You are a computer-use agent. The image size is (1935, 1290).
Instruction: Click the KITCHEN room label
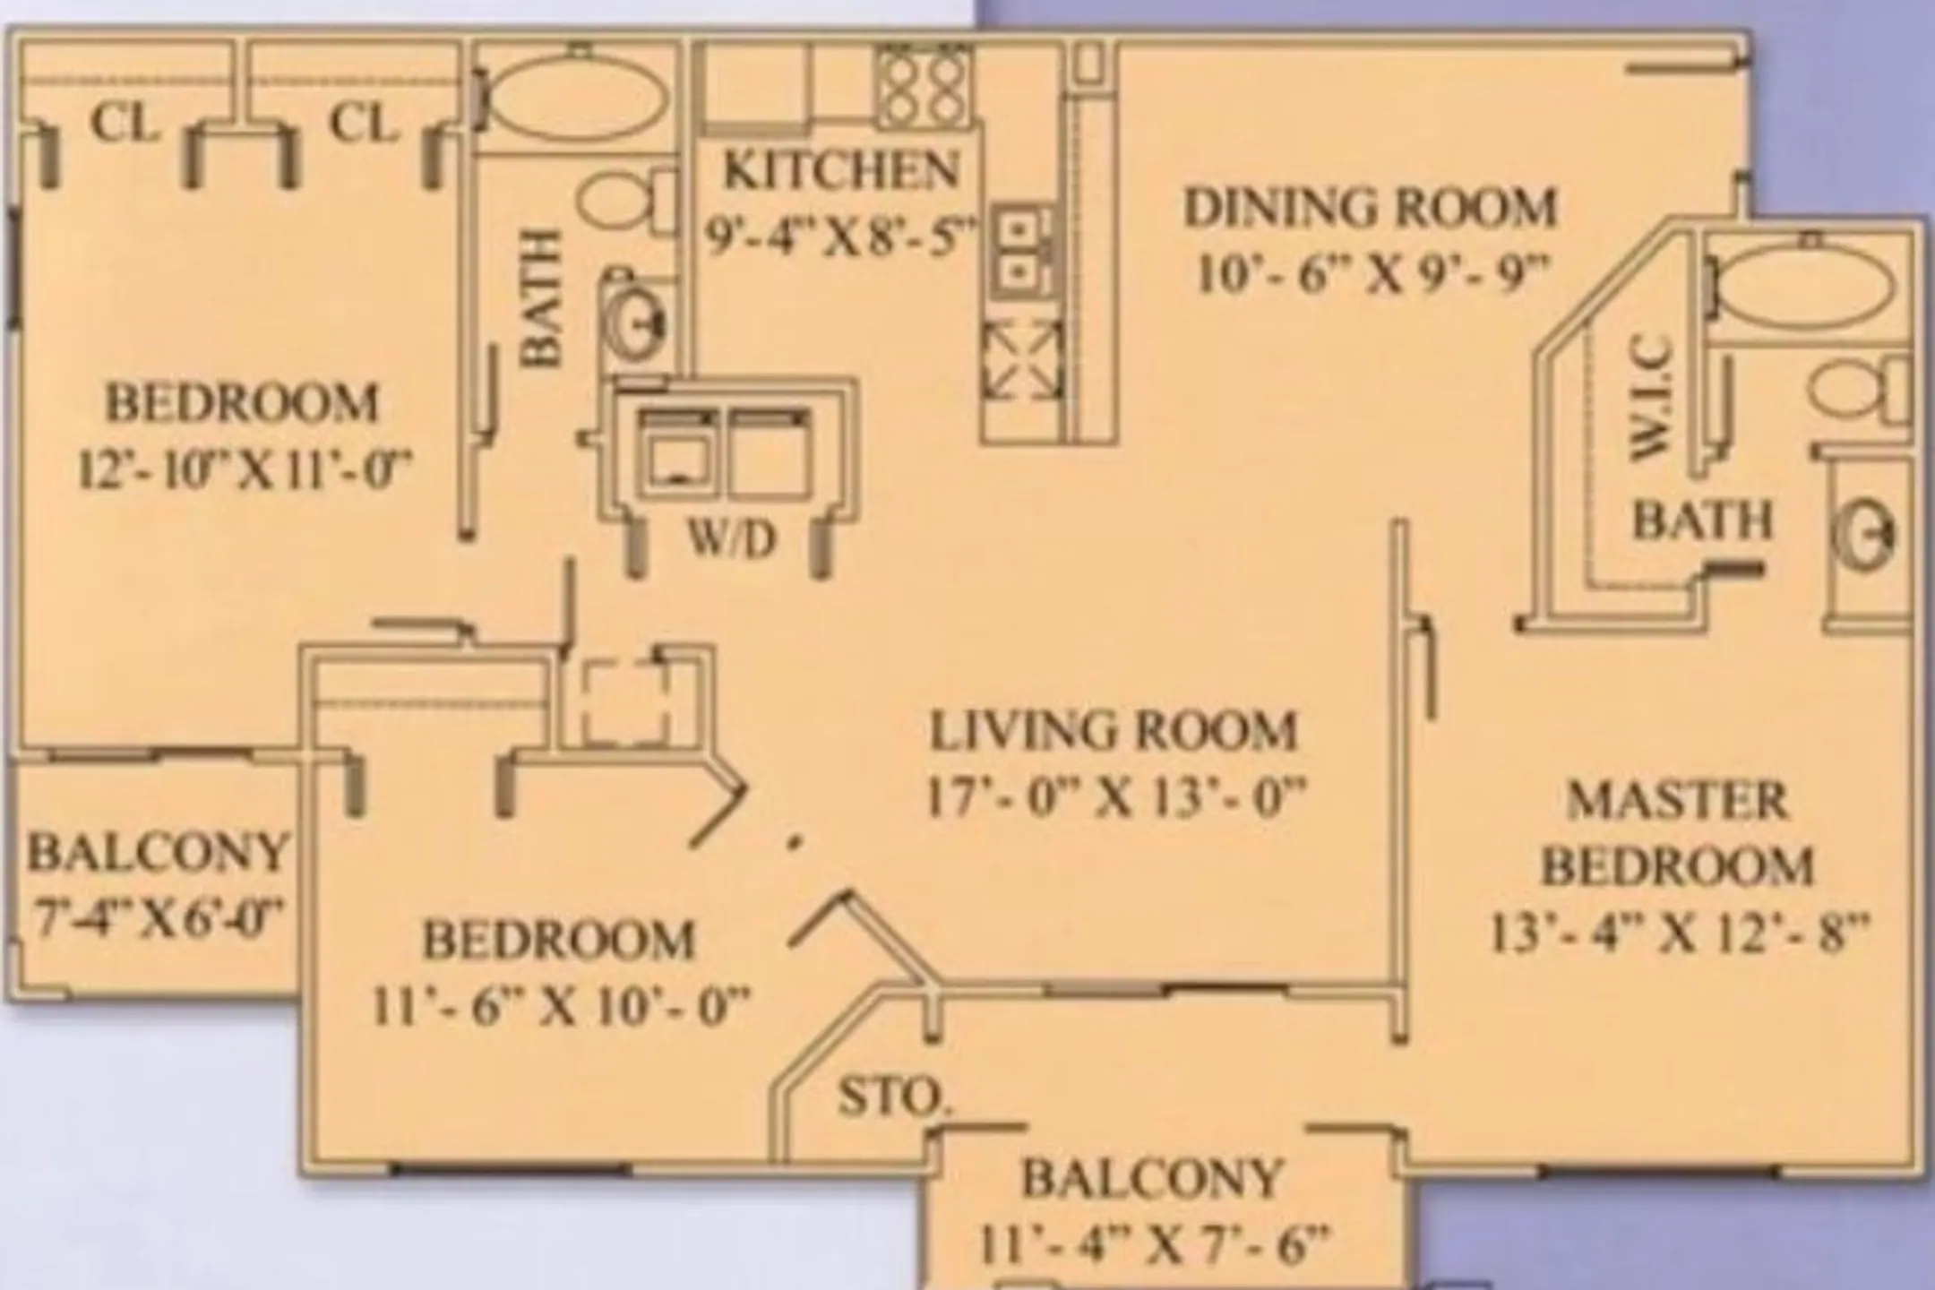[840, 170]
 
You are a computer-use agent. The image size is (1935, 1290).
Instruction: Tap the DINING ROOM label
[1371, 207]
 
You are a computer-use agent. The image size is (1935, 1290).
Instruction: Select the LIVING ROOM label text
[1114, 731]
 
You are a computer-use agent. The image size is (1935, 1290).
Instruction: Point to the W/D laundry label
[732, 539]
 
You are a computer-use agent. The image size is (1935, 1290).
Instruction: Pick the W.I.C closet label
[1649, 398]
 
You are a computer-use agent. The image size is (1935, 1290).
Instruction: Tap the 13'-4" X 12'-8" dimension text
[1680, 933]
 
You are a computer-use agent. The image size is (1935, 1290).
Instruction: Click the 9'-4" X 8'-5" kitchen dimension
[839, 238]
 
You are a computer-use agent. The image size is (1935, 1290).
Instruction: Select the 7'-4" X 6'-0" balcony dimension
[158, 916]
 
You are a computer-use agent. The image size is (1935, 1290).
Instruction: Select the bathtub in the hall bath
[579, 97]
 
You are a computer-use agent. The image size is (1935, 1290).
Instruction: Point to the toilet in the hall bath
[626, 202]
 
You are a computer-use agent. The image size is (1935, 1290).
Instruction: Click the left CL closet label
[125, 124]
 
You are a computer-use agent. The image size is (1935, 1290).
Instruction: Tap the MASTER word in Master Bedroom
[1677, 800]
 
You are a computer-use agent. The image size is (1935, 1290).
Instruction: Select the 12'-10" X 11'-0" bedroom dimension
[244, 469]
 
